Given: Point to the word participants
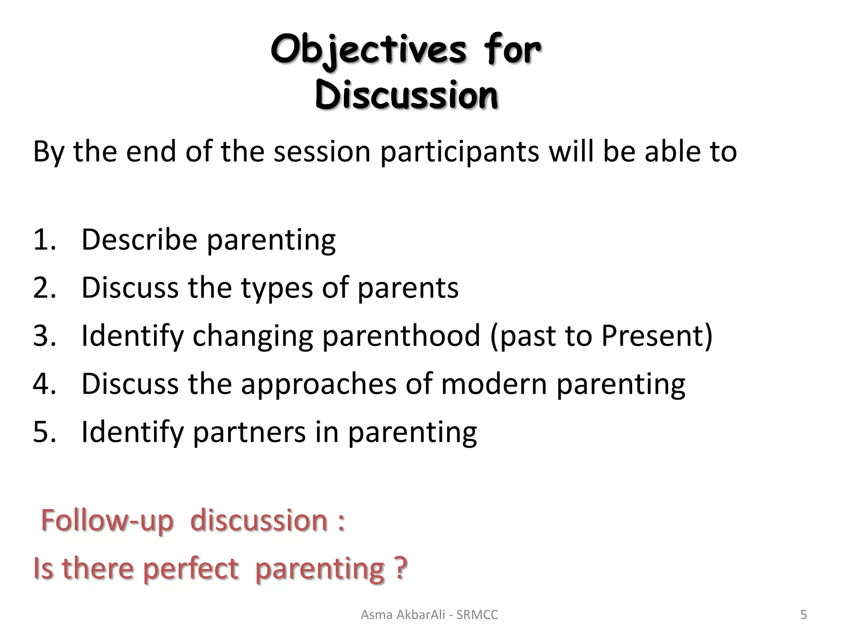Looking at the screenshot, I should [x=459, y=152].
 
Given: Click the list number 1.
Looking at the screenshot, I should [x=43, y=240].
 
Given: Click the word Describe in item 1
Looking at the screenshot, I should [x=139, y=240].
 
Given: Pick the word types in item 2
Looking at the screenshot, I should [x=277, y=288].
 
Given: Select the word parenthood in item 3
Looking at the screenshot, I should [x=401, y=335].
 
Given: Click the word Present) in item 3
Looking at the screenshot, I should [x=657, y=335].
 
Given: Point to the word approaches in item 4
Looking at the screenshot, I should [x=318, y=384].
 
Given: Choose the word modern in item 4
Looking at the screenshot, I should [x=494, y=384].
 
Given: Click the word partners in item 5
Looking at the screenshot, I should [x=249, y=432].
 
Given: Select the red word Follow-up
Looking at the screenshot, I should [x=107, y=521].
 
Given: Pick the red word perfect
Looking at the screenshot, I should [x=191, y=569].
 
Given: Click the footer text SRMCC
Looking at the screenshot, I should [x=477, y=615].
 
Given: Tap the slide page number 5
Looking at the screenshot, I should [x=803, y=615].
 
